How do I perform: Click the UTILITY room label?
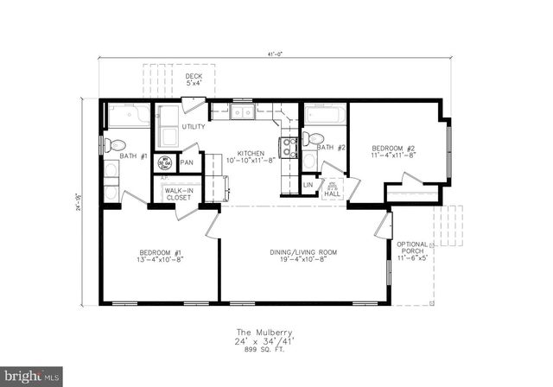193,127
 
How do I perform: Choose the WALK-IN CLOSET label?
178,194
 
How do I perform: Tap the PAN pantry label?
187,162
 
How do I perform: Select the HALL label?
332,194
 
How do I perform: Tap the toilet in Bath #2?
315,138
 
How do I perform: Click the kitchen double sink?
240,111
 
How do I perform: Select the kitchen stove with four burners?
286,146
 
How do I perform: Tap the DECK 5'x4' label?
194,79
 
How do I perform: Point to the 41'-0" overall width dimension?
274,54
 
